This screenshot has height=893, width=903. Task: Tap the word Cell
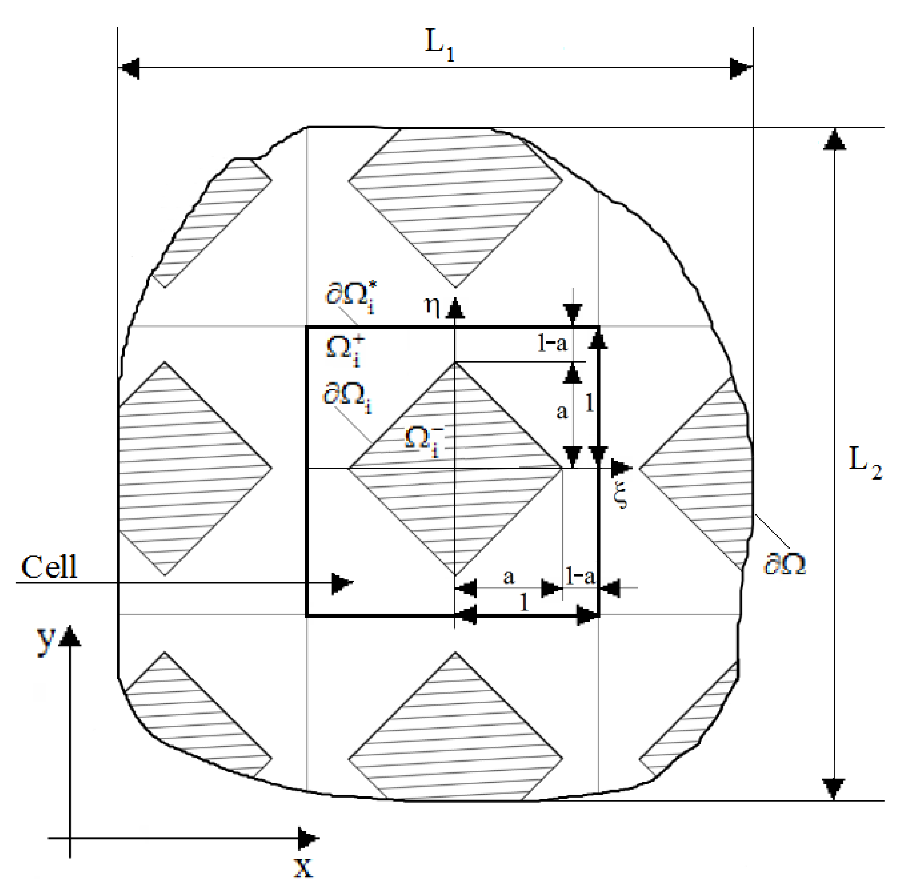point(49,568)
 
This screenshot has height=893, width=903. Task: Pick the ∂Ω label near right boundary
point(785,565)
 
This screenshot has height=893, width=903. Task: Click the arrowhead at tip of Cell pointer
point(343,583)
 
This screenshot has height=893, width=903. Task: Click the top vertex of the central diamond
point(455,363)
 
